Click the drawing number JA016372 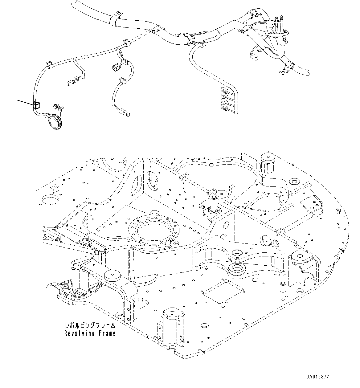tap(317, 377)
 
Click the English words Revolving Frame tap(90, 333)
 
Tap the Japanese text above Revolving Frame tap(90, 325)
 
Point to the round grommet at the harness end tap(54, 122)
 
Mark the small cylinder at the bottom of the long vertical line tap(282, 287)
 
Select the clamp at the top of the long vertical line tap(283, 72)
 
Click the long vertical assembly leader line tap(283, 179)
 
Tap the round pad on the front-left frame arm tap(112, 275)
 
